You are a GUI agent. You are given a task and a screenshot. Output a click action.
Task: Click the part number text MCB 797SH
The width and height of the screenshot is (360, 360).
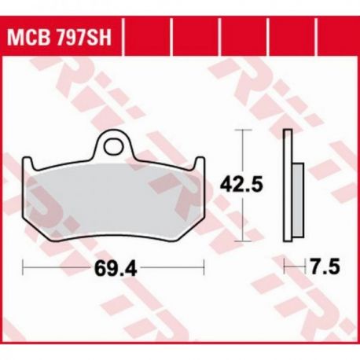click(x=59, y=37)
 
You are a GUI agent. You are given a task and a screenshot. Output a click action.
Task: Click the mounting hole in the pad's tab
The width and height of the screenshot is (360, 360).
click(x=113, y=147)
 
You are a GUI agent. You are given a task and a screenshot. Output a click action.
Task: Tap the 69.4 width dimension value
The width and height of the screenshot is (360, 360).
click(x=116, y=268)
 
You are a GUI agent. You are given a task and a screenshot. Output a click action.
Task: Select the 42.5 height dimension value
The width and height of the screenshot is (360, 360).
click(x=241, y=185)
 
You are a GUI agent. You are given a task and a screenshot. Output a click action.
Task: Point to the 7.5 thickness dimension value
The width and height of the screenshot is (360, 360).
click(x=325, y=266)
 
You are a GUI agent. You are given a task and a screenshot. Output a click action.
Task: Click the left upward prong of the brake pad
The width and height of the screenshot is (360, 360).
click(x=28, y=163)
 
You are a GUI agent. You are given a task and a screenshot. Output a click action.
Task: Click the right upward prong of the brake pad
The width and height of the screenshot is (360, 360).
click(x=200, y=163)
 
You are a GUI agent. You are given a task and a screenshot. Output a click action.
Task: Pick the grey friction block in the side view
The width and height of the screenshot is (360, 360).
click(x=298, y=200)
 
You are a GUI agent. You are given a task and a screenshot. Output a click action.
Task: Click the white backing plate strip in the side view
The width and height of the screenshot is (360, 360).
click(x=288, y=186)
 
